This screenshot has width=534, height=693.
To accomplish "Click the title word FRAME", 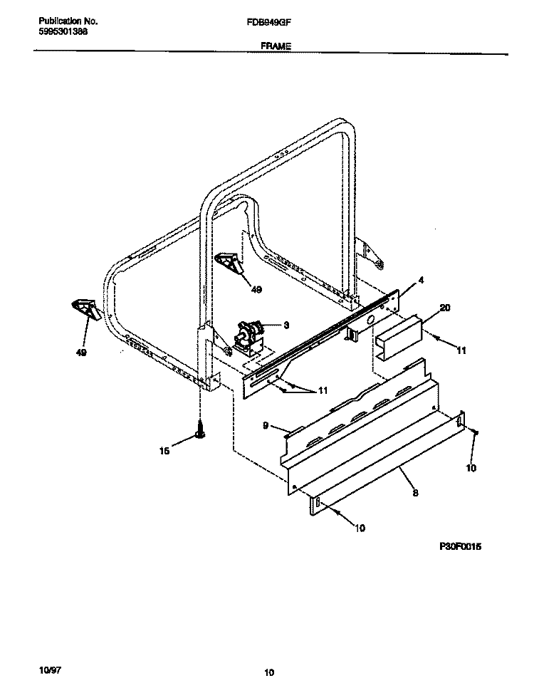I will [x=271, y=45].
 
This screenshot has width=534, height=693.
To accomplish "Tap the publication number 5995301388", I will [x=63, y=32].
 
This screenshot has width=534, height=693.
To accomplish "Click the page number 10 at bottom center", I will [x=268, y=672].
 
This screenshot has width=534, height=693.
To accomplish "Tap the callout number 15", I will [x=165, y=450].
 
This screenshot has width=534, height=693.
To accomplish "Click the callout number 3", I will [x=286, y=325].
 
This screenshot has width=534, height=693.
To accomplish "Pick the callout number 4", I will [x=421, y=281].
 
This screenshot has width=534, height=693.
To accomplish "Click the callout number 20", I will [x=445, y=308].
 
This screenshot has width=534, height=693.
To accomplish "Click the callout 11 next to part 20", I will [x=461, y=350].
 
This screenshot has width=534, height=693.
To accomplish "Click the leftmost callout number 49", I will [x=81, y=353].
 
